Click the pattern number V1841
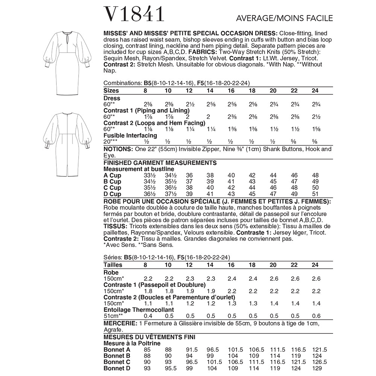pyautogui.click(x=133, y=14)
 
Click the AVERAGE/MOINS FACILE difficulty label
pyautogui.click(x=284, y=18)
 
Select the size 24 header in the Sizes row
pyautogui.click(x=315, y=91)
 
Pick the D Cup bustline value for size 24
pyautogui.click(x=315, y=194)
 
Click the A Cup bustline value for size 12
pyautogui.click(x=189, y=175)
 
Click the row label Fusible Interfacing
pyautogui.click(x=130, y=135)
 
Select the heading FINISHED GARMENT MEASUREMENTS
pyautogui.click(x=160, y=163)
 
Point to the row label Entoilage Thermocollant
pyautogui.click(x=138, y=309)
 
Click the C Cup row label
pyautogui.click(x=112, y=188)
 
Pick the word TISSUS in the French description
pyautogui.click(x=114, y=226)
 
